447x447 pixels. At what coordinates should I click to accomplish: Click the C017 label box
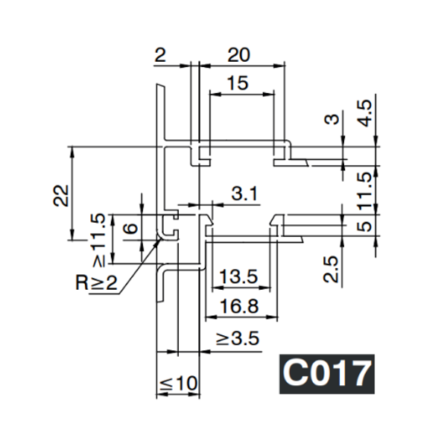(326, 373)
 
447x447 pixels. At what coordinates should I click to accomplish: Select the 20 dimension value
(239, 54)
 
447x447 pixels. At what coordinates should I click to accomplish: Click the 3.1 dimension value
(244, 194)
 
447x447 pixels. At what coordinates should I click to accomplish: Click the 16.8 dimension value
(239, 305)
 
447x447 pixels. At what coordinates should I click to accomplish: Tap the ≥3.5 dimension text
(238, 340)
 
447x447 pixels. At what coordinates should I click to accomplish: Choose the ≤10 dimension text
(179, 384)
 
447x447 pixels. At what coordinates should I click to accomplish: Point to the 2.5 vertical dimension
(332, 269)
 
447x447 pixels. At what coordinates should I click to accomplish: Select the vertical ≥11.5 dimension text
(98, 239)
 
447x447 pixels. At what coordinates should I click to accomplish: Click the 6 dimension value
(130, 228)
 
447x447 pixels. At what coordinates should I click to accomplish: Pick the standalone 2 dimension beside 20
(159, 54)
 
